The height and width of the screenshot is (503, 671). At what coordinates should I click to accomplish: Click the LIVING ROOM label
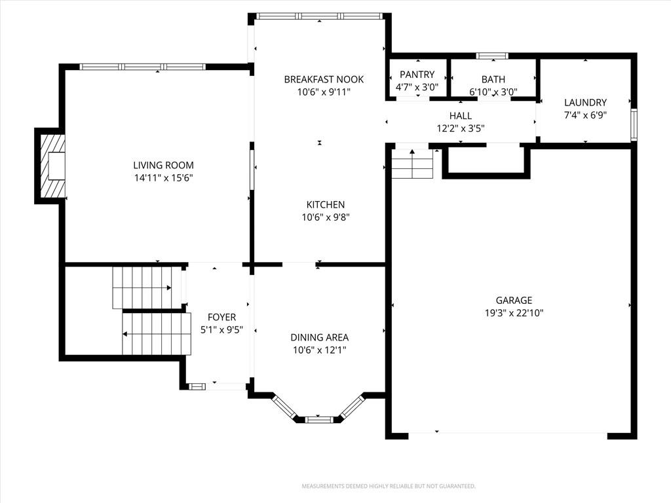[163, 165]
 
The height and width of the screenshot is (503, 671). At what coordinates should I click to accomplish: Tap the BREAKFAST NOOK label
[324, 79]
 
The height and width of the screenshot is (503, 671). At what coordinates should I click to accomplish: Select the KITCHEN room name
[326, 204]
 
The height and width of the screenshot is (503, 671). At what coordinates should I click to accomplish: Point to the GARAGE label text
[514, 300]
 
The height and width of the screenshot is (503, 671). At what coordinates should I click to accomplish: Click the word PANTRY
[417, 75]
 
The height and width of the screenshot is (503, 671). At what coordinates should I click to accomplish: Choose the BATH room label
[493, 79]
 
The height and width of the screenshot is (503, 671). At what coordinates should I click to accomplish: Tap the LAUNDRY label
[585, 102]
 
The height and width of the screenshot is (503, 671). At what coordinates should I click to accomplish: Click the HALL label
[461, 115]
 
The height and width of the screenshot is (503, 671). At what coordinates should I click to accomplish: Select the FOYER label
[221, 317]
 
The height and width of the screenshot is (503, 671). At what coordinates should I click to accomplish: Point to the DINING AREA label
[320, 337]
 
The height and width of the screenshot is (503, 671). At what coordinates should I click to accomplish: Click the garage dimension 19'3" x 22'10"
[514, 313]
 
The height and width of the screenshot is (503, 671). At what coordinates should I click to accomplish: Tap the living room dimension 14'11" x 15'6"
[164, 178]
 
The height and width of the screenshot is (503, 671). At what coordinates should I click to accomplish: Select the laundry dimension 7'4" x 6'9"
[585, 115]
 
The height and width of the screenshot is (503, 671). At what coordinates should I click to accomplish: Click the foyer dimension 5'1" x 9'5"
[221, 330]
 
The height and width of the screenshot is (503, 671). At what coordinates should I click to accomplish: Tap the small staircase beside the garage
[413, 164]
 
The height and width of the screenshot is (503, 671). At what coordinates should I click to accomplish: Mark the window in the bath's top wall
[492, 56]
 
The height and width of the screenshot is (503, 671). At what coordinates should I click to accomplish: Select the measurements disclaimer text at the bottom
[389, 487]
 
